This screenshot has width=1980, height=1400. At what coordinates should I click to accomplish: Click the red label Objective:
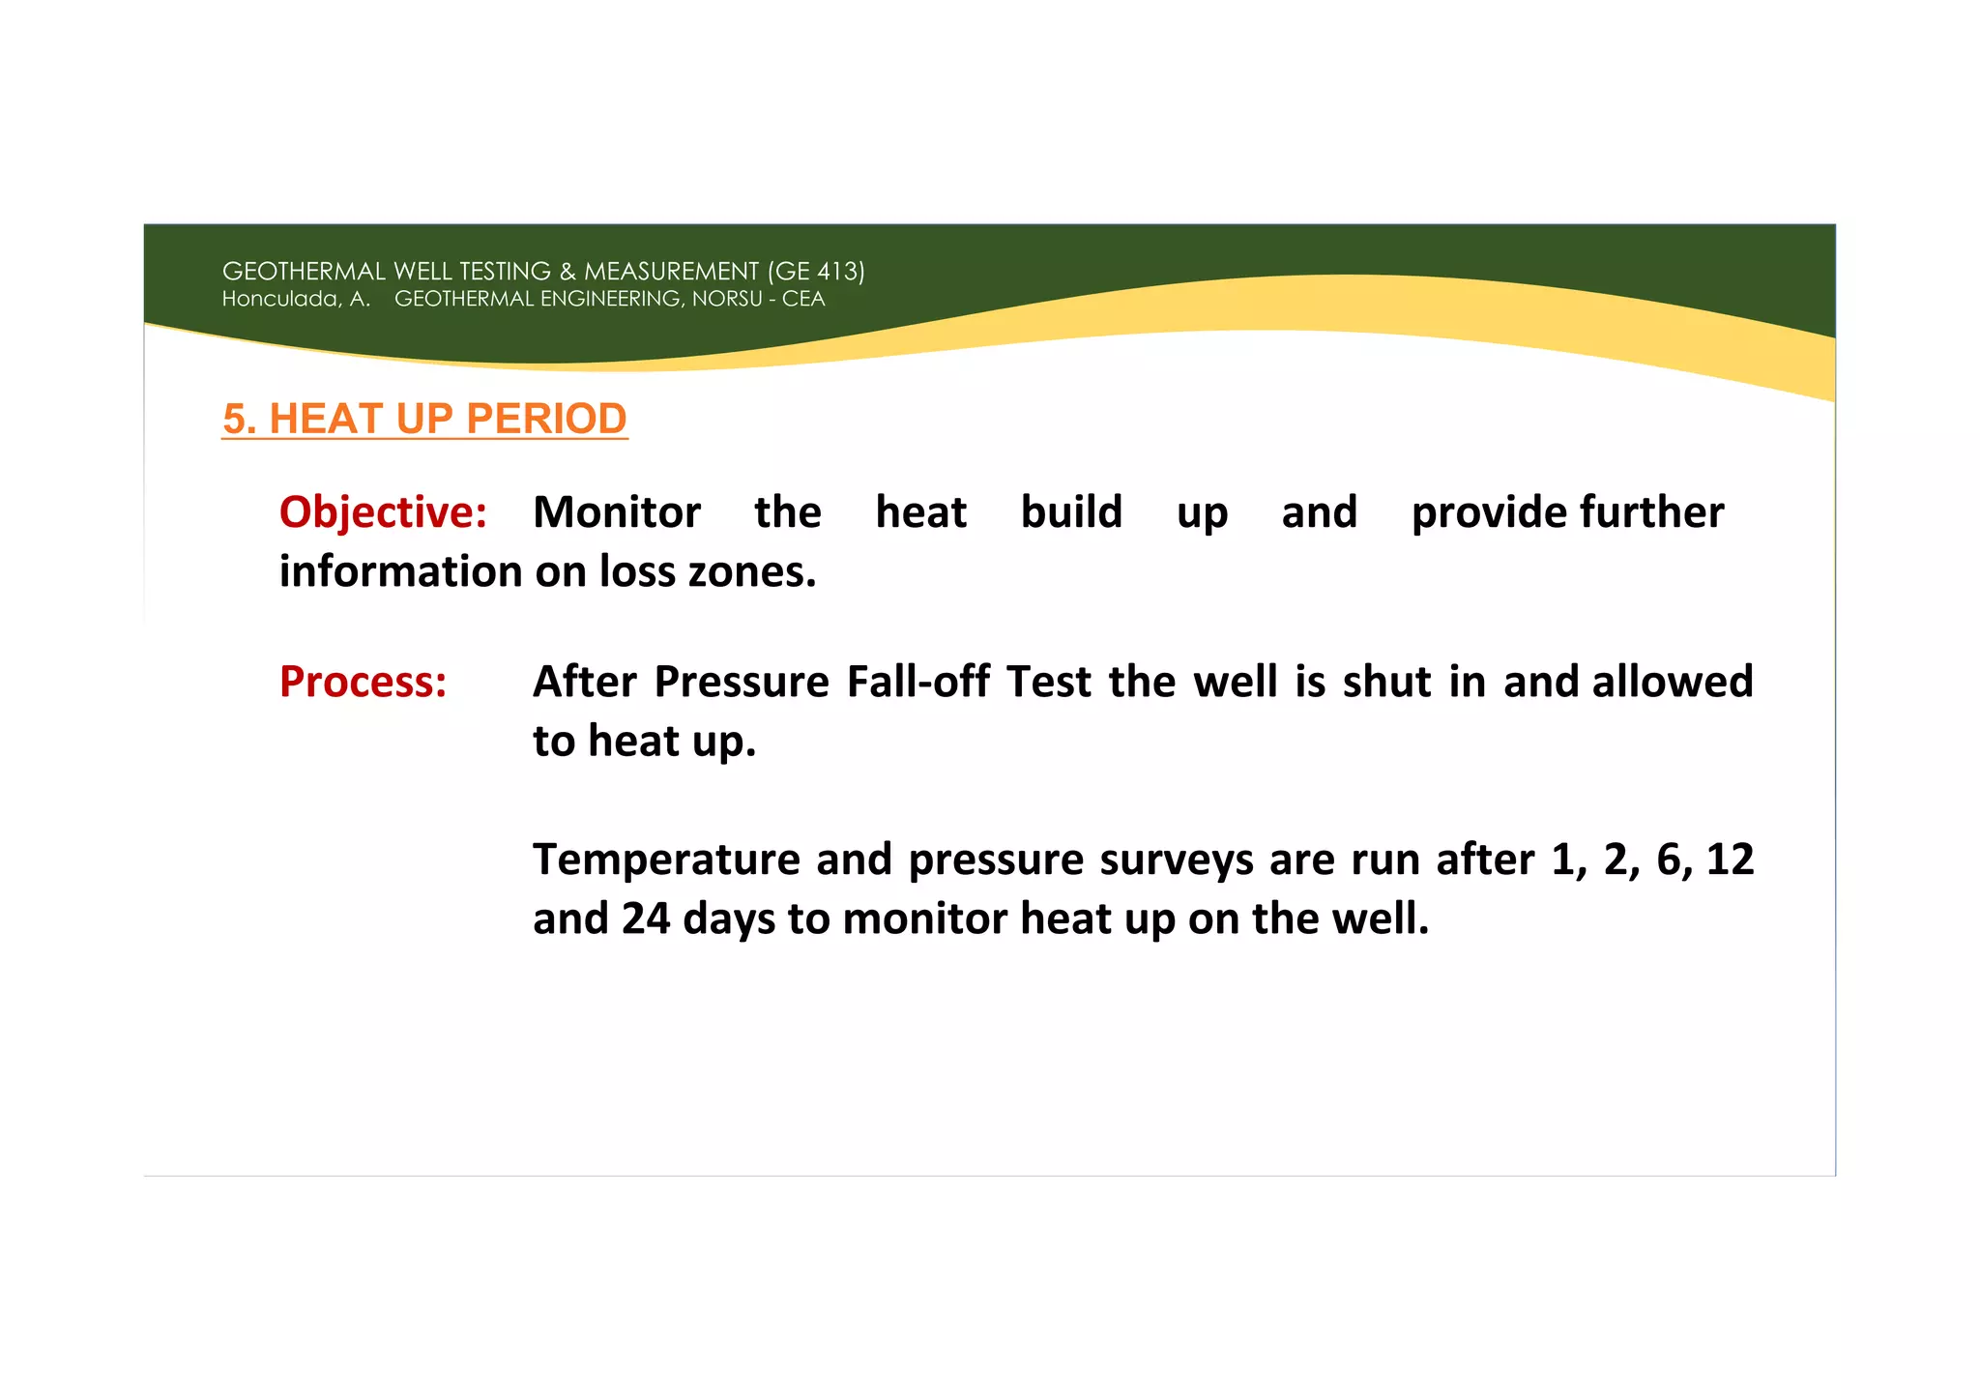pyautogui.click(x=383, y=512)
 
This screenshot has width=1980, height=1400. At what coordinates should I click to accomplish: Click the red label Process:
pyautogui.click(x=363, y=682)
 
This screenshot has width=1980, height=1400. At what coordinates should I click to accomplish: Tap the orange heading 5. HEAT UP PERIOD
pyautogui.click(x=424, y=419)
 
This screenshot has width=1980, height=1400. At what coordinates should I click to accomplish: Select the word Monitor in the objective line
pyautogui.click(x=617, y=512)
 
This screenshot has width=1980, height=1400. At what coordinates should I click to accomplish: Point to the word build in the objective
pyautogui.click(x=1071, y=512)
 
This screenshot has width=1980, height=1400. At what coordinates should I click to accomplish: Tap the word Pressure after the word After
pyautogui.click(x=742, y=682)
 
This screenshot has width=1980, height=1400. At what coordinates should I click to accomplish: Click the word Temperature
pyautogui.click(x=666, y=860)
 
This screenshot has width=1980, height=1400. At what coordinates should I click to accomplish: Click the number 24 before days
pyautogui.click(x=646, y=919)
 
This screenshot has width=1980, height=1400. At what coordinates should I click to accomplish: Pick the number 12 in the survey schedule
pyautogui.click(x=1729, y=860)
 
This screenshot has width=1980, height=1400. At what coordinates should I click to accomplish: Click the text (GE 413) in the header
pyautogui.click(x=816, y=272)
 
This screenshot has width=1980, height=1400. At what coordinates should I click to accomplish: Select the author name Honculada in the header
pyautogui.click(x=280, y=299)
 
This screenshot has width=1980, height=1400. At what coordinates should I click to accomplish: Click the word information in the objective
pyautogui.click(x=400, y=571)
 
